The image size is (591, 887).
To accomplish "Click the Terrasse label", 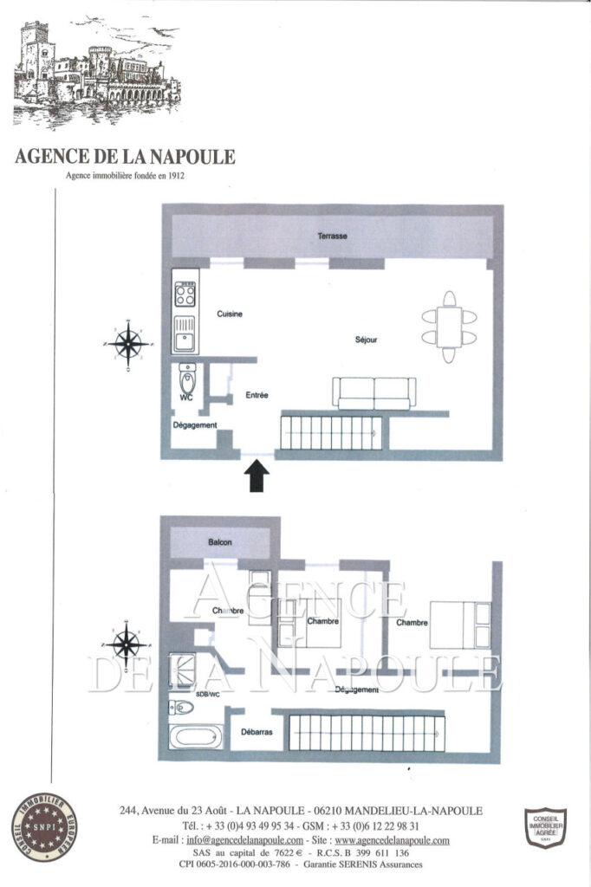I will [332, 236].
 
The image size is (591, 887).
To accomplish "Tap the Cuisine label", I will [230, 314].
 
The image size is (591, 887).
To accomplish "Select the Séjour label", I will [367, 340].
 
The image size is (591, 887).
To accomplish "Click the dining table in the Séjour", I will [449, 327].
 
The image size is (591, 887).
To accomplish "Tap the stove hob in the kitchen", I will [185, 295].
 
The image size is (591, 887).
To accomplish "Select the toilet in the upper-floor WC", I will [187, 378].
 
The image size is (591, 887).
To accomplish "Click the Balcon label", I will [220, 542].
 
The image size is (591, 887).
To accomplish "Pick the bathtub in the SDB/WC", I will [195, 737].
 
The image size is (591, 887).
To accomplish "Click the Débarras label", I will [257, 732].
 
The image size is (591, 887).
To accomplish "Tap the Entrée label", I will [257, 395].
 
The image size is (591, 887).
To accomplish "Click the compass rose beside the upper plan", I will [128, 344].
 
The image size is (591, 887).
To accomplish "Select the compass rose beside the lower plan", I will [128, 644].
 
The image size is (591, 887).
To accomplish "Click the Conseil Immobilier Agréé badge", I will [545, 825].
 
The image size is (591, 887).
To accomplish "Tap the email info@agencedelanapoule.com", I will [244, 840].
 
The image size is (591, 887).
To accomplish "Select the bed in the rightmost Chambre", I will [459, 625].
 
